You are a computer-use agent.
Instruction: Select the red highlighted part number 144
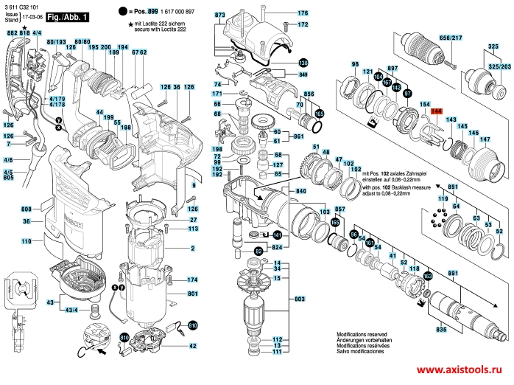tap(435, 111)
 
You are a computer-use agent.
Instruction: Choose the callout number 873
tap(220, 15)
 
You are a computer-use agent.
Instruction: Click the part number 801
tap(193, 294)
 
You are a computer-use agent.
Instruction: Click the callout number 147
tap(485, 139)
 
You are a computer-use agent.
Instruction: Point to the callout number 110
tap(26, 241)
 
